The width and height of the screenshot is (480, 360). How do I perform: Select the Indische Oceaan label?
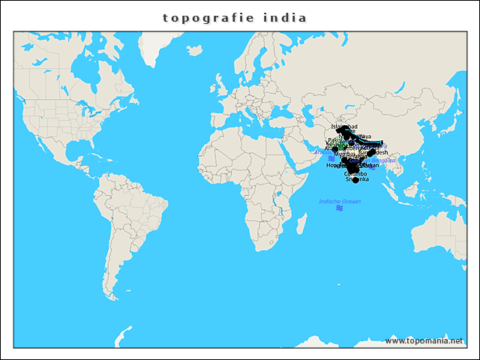click(340, 201)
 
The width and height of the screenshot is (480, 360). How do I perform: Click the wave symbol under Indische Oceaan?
click(340, 209)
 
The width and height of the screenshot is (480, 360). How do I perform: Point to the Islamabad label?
click(344, 127)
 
